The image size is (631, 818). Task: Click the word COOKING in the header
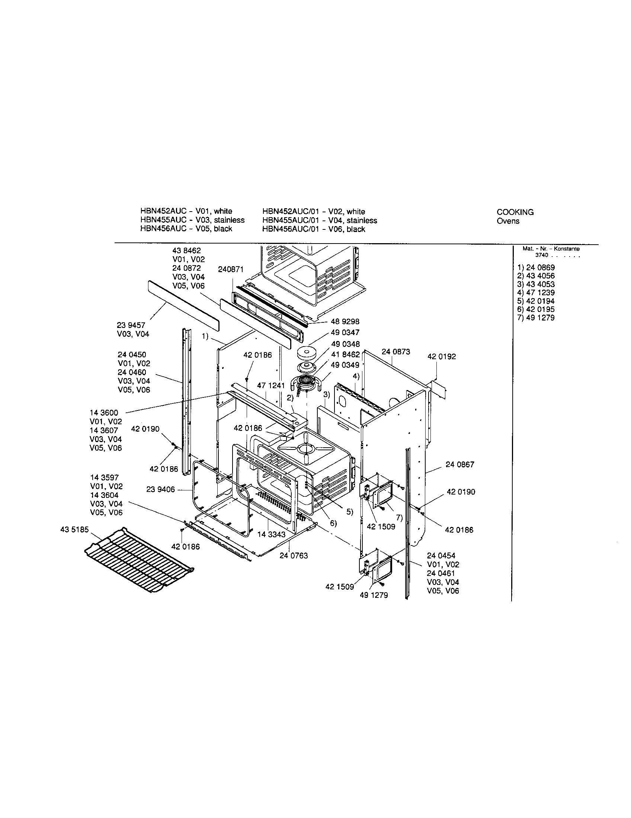click(515, 212)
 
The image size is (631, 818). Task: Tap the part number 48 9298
click(345, 321)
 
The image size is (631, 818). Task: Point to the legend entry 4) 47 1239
click(535, 293)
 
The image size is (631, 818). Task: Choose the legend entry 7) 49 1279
click(535, 318)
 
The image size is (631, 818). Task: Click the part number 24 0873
click(396, 352)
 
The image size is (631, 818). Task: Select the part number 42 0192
click(442, 357)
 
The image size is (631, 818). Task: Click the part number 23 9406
click(160, 490)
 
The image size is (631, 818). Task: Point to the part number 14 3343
click(271, 534)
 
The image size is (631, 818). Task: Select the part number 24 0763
click(294, 555)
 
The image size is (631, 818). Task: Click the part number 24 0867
click(460, 464)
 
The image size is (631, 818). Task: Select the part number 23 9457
click(131, 325)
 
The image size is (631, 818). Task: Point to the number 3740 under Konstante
click(541, 255)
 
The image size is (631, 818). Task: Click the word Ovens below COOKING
click(508, 221)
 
